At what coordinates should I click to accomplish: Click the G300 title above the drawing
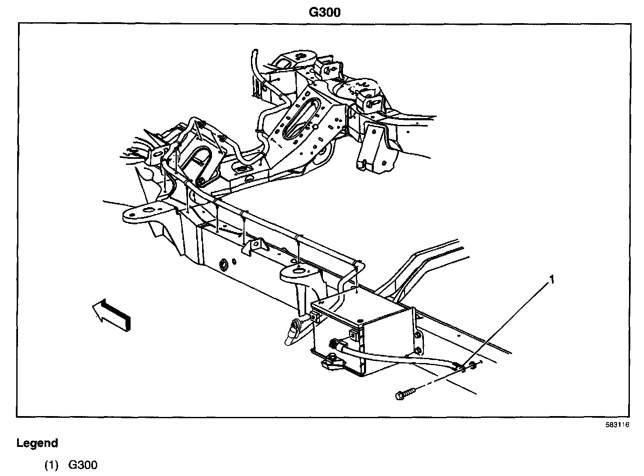[x=325, y=12]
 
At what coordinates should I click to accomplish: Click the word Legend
[x=37, y=443]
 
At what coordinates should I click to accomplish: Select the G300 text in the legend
[x=83, y=465]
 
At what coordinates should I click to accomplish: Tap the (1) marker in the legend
[x=51, y=465]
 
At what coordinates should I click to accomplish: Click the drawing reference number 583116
[x=617, y=425]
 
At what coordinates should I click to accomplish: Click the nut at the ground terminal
[x=473, y=365]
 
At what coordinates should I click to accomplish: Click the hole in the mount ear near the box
[x=298, y=270]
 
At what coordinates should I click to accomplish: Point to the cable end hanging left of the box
[x=292, y=334]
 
